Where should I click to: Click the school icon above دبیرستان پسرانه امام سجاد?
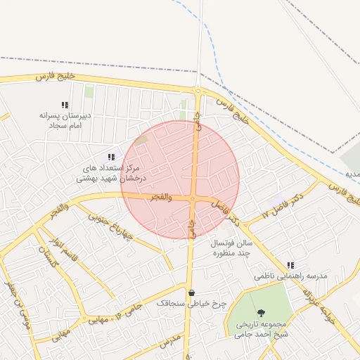[x=65, y=105]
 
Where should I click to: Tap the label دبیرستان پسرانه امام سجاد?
[x=62, y=120]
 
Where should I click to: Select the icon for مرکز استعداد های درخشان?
[x=110, y=157]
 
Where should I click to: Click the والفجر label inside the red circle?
[x=161, y=197]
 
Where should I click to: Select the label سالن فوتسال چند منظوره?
[x=232, y=247]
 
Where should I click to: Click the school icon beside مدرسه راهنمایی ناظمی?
[x=290, y=266]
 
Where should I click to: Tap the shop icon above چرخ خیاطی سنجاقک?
[x=191, y=292]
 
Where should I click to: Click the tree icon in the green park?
[x=262, y=312]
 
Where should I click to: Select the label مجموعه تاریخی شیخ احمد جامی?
[x=262, y=329]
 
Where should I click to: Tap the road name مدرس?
[x=171, y=342]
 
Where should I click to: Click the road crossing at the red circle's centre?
[x=193, y=199]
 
